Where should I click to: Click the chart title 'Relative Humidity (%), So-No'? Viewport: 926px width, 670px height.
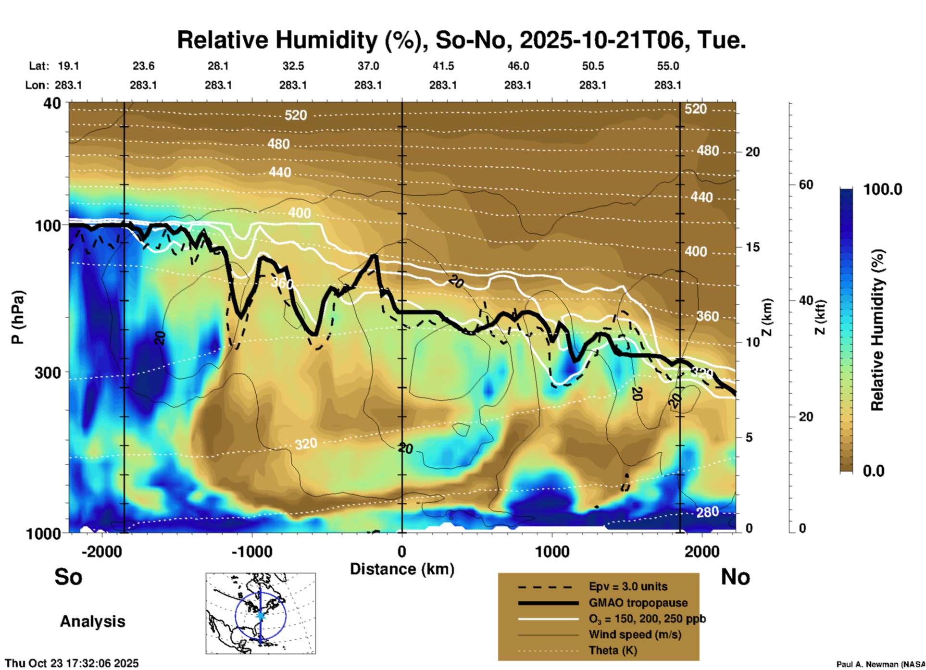coord(341,40)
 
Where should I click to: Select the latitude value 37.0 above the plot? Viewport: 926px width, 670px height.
coord(368,66)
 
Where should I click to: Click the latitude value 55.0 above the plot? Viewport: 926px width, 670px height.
coord(667,66)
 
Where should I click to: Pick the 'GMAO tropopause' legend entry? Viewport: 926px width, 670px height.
coord(638,603)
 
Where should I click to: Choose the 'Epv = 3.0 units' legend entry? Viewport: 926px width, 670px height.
coord(628,586)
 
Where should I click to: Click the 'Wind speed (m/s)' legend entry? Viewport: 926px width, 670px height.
coord(635,634)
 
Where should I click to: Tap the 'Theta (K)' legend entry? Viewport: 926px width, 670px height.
coord(613,650)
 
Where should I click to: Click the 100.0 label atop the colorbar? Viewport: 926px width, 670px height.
coord(883,189)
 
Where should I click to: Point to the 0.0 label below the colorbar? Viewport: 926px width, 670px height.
coord(873,471)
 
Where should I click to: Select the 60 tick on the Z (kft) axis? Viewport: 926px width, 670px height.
coord(806,185)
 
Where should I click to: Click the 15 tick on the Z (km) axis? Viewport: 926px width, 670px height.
coord(752,247)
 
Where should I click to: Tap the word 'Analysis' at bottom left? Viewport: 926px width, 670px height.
coord(92,621)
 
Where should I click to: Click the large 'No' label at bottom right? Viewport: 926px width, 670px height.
coord(735,577)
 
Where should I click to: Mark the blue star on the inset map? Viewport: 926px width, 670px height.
coord(260,615)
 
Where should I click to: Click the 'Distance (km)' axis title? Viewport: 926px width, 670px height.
coord(402,569)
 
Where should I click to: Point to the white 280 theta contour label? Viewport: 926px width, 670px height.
coord(707,512)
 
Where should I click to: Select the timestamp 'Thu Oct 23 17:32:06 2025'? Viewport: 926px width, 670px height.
coord(72,663)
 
